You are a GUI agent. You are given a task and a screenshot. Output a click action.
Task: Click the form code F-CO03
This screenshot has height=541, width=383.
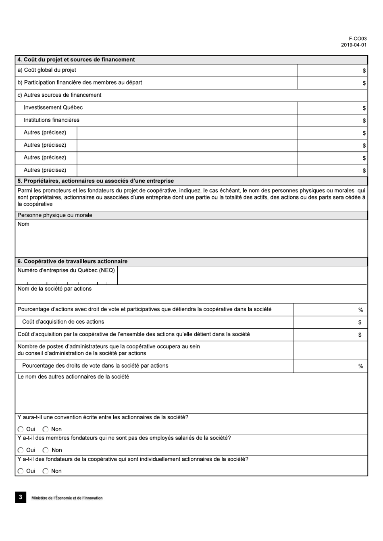(358, 39)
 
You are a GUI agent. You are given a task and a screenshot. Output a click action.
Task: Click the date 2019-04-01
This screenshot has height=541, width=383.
(354, 45)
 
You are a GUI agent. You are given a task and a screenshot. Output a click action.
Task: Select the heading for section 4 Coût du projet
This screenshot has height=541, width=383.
(76, 60)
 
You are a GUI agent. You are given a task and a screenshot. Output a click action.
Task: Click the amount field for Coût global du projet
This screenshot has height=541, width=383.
(332, 71)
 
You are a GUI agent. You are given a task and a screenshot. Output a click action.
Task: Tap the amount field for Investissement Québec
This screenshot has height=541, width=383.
(332, 108)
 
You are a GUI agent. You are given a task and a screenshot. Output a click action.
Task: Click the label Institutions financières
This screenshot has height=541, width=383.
(52, 120)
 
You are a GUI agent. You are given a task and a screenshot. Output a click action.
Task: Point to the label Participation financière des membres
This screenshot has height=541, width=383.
(80, 83)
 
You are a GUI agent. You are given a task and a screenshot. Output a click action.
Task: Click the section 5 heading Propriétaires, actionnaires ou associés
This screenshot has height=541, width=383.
(96, 181)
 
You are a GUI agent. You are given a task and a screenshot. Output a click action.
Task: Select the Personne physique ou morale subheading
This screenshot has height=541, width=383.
(55, 215)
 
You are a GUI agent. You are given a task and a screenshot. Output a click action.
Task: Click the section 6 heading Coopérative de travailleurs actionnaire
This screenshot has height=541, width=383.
(73, 261)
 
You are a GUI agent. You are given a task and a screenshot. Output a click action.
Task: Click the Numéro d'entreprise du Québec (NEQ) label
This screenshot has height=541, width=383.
(66, 270)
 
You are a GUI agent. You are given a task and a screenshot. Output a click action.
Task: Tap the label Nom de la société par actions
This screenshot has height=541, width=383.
(54, 289)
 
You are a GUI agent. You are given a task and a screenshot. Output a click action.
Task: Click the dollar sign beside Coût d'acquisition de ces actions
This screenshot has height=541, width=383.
(360, 322)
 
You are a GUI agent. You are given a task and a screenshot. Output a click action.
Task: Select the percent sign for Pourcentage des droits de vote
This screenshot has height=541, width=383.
(360, 366)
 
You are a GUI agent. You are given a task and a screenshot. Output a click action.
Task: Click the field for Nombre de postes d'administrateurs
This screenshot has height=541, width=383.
(330, 350)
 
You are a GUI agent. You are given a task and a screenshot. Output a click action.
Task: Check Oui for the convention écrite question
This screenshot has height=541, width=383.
(21, 429)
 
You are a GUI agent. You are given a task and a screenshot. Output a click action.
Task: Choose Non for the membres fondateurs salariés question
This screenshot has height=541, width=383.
(46, 450)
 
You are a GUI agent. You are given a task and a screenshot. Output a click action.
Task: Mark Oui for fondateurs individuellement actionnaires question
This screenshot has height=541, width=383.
(21, 471)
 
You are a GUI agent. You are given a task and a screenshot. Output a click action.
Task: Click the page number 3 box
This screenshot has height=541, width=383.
(21, 497)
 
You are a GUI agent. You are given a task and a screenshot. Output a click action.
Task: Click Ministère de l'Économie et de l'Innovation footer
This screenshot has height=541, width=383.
(67, 498)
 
